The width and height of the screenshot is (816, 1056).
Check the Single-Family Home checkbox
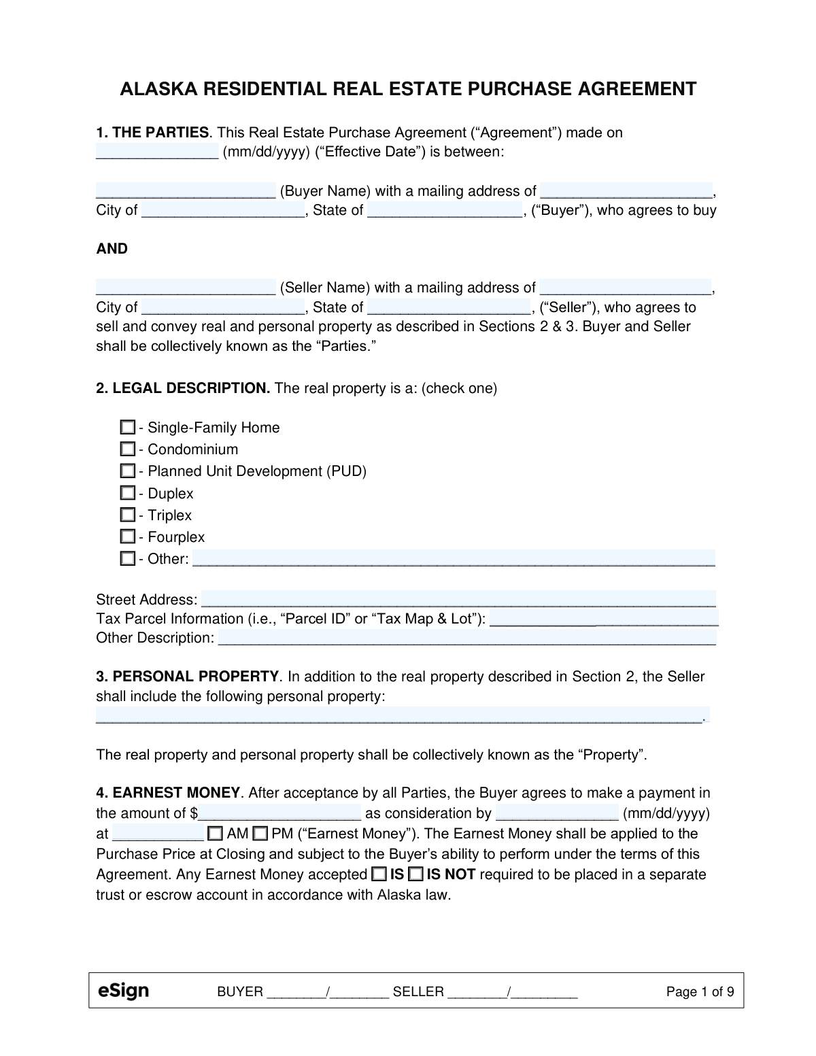127,428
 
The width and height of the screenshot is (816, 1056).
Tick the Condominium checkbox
127,449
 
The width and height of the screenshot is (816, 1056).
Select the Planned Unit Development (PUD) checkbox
127,471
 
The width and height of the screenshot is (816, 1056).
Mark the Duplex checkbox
127,493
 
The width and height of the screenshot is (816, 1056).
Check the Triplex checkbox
127,515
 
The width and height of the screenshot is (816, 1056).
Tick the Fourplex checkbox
127,536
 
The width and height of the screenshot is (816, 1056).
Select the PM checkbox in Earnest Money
259,834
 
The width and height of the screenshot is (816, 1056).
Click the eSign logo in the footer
123,991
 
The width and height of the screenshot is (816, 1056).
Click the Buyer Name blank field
185,190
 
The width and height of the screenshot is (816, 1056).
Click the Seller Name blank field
185,287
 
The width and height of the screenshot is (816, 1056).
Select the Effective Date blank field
156,151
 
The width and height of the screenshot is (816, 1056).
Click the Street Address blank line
458,599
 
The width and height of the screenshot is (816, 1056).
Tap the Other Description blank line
466,638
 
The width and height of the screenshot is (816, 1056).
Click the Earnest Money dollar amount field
279,813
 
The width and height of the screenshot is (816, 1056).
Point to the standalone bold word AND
112,249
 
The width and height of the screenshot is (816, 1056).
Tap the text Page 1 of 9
700,991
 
